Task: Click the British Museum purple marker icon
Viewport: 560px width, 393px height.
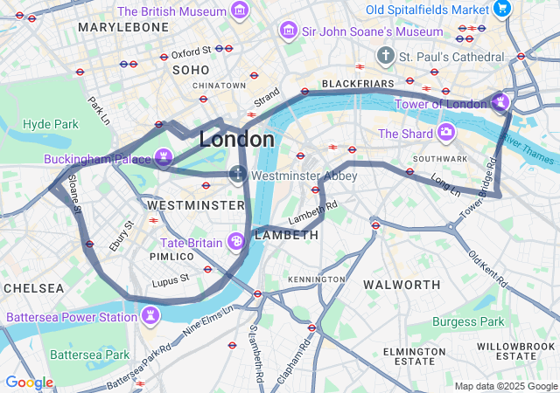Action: pos(240,11)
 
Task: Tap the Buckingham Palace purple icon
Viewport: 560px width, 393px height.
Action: pos(163,157)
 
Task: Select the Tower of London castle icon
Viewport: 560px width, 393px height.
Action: pos(500,103)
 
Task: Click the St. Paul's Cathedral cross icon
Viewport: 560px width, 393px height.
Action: pos(385,56)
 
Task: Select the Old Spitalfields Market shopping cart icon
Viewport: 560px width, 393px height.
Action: pos(502,9)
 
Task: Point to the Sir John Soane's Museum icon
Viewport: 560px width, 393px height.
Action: pos(288,31)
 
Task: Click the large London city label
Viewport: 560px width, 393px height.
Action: pos(236,140)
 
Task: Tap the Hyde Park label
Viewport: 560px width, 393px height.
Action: pos(50,124)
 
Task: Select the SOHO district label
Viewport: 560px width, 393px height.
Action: pos(191,69)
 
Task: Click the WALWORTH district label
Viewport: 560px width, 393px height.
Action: pos(402,285)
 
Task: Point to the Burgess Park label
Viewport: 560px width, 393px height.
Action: pos(468,321)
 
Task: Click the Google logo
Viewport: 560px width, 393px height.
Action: pos(29,382)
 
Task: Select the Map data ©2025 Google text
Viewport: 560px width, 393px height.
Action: pos(505,386)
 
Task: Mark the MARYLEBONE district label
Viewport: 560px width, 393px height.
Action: pos(122,27)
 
